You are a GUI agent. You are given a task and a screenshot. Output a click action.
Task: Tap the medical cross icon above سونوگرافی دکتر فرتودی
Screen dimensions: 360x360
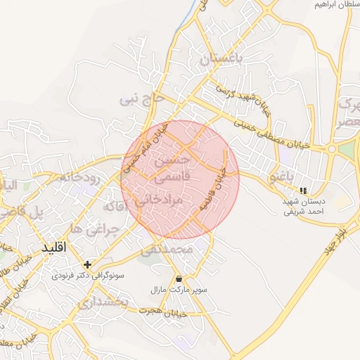point(87,264)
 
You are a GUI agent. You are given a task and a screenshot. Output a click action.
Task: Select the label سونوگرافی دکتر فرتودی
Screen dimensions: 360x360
point(88,276)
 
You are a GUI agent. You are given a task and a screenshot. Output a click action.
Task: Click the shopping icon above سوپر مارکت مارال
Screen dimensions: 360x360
point(178,278)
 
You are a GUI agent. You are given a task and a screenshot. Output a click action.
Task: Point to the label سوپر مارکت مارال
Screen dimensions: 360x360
point(177,290)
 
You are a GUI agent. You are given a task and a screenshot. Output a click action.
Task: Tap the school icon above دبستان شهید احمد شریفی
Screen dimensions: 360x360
point(303,191)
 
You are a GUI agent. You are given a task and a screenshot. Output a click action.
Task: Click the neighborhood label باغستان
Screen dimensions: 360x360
point(224,60)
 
